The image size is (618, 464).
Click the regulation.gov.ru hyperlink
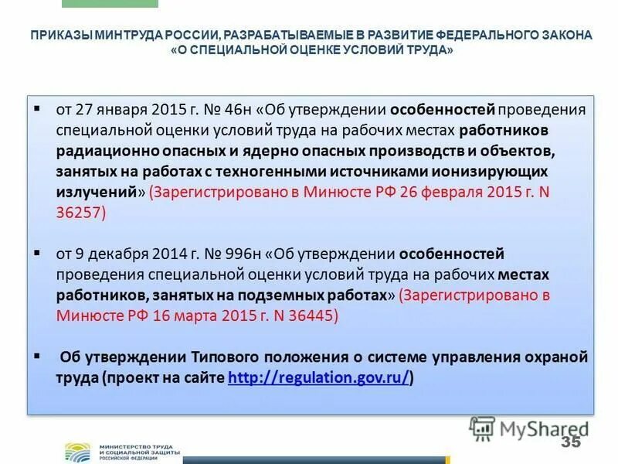(318, 378)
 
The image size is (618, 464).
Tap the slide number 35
(571, 442)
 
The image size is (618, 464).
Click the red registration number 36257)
(80, 213)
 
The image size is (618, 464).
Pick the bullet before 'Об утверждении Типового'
(36, 355)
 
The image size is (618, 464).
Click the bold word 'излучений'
(97, 192)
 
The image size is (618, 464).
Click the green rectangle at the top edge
(109, 3)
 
